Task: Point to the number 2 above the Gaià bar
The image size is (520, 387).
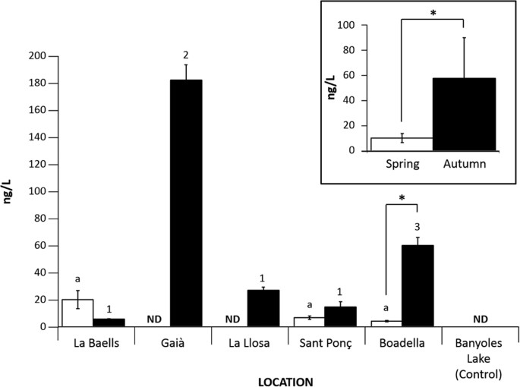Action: click(184, 54)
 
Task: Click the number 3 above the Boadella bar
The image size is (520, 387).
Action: click(417, 227)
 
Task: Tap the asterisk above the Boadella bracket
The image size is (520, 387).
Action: click(402, 199)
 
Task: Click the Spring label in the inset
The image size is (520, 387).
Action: click(404, 163)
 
